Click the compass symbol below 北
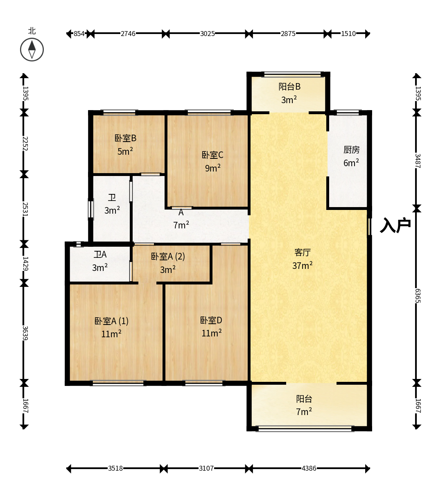(32, 50)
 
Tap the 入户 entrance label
(395, 225)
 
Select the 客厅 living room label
(303, 253)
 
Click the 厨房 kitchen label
(351, 150)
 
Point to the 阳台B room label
(289, 86)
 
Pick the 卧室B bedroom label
(125, 138)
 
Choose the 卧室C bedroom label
(212, 155)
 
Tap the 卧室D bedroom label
(211, 320)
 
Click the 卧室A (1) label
(111, 321)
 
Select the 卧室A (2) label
(168, 257)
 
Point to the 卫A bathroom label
(100, 255)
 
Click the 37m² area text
(303, 265)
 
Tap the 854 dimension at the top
(79, 34)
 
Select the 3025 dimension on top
(208, 34)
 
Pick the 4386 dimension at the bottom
(309, 468)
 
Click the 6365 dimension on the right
(418, 295)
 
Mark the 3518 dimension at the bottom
(115, 468)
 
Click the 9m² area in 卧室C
(213, 168)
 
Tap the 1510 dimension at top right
(348, 34)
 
